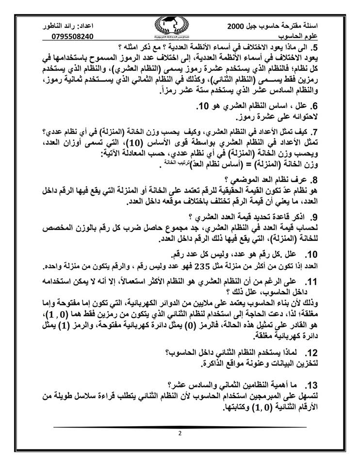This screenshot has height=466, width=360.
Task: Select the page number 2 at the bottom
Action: tap(180, 433)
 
